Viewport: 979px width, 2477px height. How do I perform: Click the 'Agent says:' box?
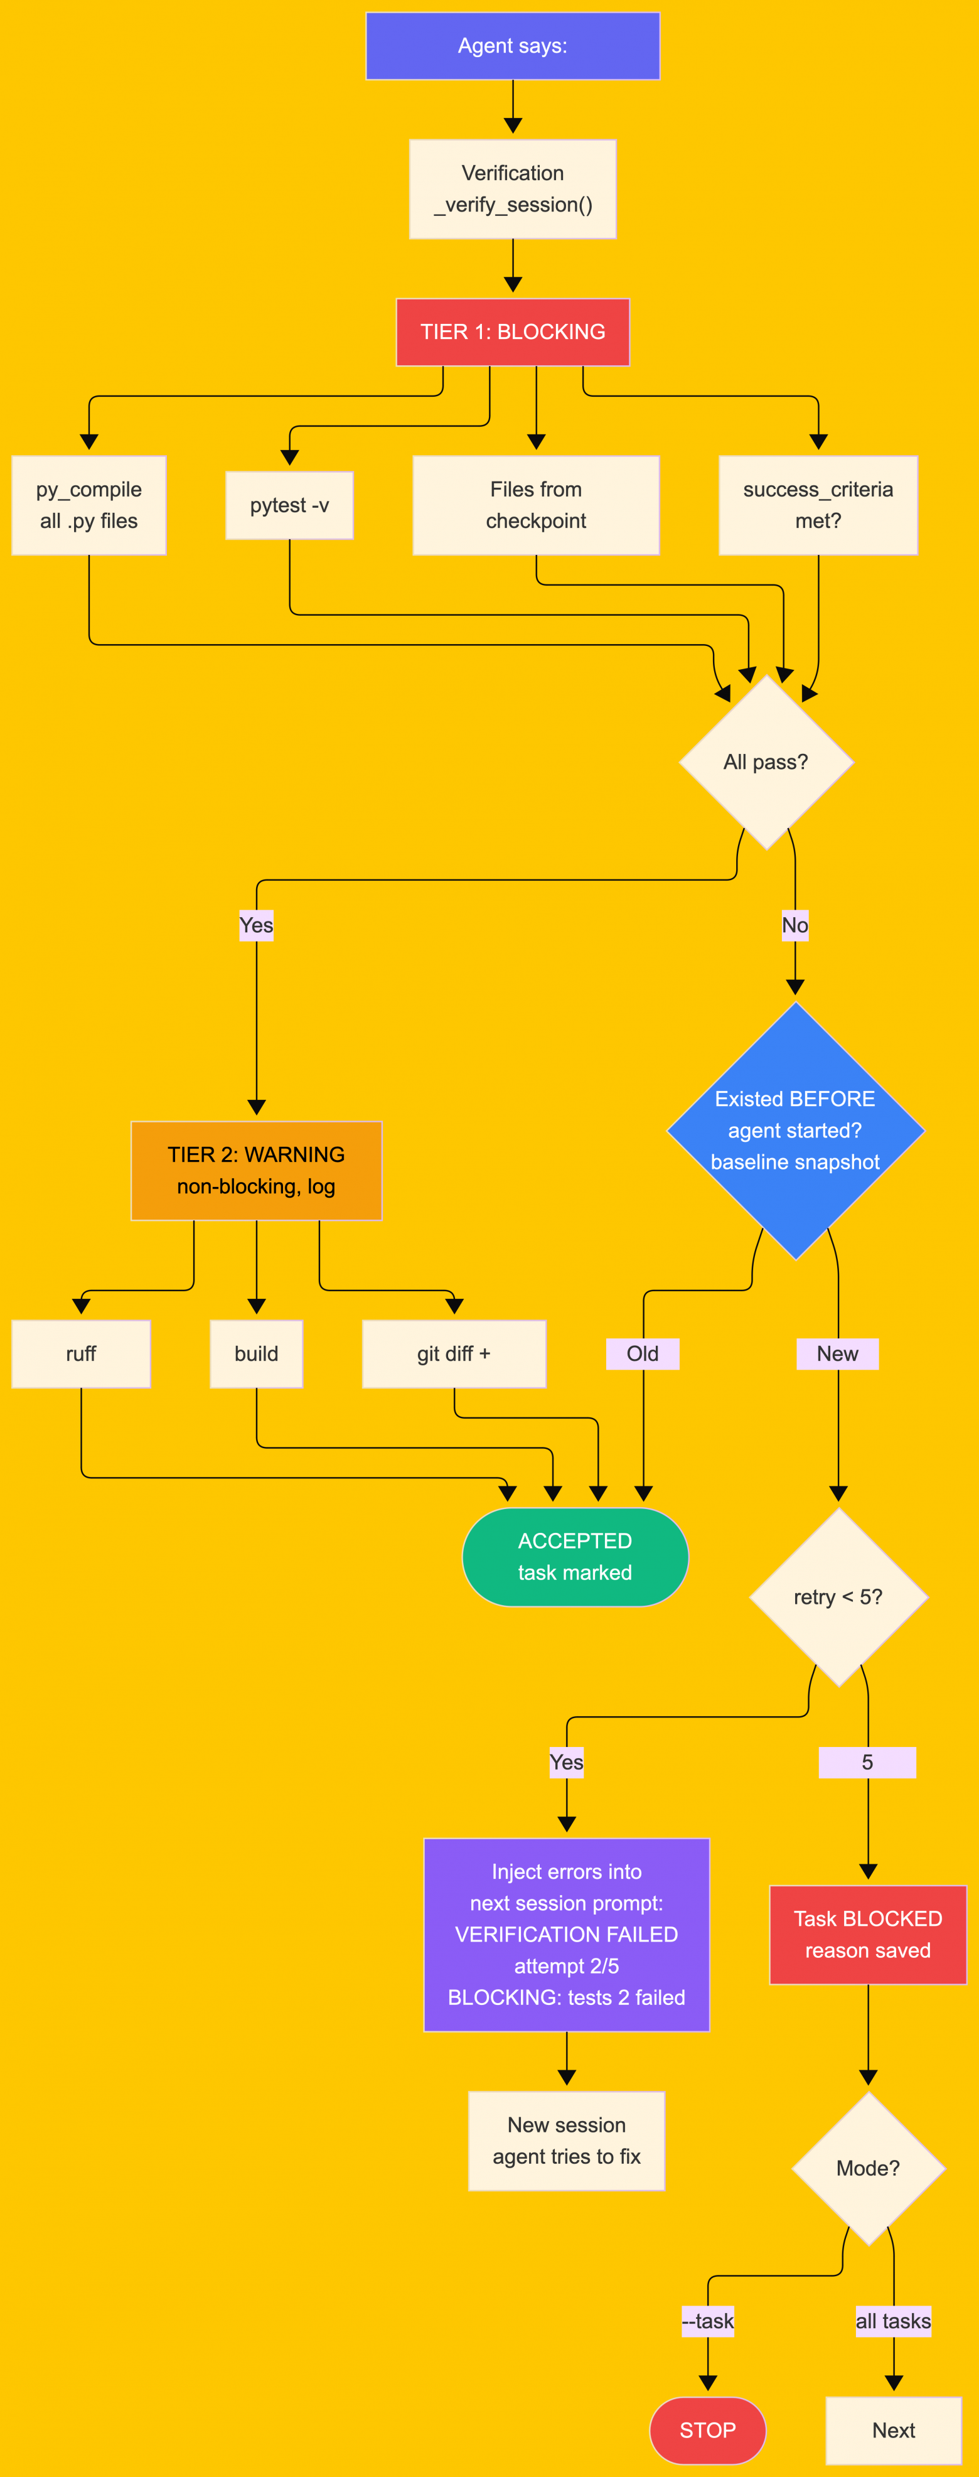513,46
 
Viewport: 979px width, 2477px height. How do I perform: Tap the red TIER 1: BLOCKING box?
513,331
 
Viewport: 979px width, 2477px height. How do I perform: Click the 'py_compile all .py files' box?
88,505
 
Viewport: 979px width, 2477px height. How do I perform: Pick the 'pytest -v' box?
289,505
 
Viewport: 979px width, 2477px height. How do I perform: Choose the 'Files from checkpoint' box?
536,505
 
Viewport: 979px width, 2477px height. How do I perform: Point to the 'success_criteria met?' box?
818,505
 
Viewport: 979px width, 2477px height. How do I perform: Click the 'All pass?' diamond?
766,761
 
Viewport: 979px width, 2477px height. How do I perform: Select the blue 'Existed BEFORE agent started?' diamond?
795,1131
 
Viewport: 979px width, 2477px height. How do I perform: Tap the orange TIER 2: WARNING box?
256,1170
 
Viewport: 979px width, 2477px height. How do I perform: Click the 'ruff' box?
81,1354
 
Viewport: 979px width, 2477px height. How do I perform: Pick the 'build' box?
256,1354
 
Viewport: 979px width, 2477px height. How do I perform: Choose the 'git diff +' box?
454,1354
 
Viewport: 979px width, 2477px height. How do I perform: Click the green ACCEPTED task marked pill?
575,1557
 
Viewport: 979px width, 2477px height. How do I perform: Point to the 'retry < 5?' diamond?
838,1597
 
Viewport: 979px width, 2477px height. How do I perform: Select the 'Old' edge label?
643,1354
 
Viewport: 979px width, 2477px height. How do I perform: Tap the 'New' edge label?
838,1354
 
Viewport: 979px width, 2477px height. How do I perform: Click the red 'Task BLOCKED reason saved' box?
867,1935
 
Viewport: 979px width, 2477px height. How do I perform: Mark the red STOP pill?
708,2430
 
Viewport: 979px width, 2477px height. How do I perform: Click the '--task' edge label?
708,2321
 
